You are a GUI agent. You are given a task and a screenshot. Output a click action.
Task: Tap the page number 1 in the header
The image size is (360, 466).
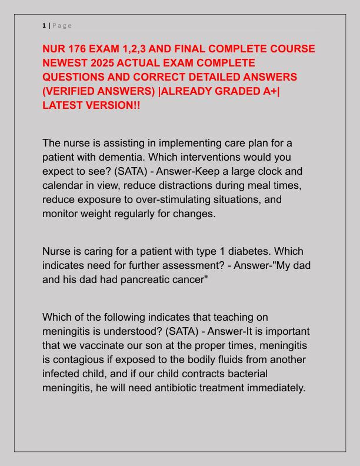point(44,25)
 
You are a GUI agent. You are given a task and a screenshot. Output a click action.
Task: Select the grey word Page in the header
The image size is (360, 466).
point(62,25)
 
